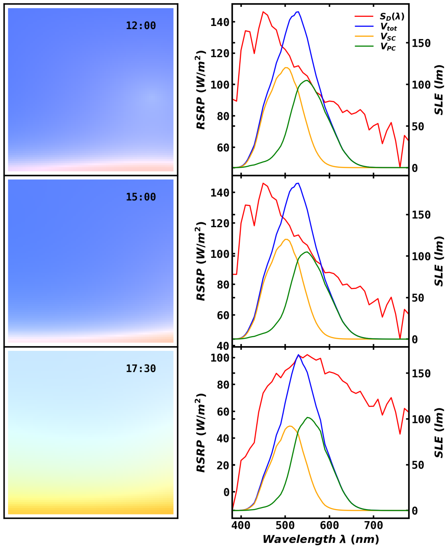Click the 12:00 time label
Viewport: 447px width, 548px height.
coord(140,26)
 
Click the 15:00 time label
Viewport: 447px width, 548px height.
coord(140,197)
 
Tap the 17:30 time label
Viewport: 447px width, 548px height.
coord(140,368)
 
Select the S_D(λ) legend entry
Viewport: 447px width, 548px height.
coord(380,16)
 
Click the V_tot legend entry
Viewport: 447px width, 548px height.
coord(376,27)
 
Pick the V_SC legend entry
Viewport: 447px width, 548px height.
coord(375,37)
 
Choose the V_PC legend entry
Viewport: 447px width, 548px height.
coord(375,46)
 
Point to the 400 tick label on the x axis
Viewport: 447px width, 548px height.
coord(241,525)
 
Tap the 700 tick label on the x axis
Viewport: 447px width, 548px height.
coord(374,525)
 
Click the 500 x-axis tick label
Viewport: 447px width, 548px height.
coord(285,525)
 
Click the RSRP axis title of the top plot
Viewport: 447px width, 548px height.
coord(200,90)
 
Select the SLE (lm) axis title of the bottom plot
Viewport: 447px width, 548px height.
coord(438,433)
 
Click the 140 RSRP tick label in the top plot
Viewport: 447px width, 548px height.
coord(220,22)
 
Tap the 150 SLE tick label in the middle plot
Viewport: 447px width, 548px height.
coord(421,215)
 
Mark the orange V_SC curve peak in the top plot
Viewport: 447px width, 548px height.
coord(286,68)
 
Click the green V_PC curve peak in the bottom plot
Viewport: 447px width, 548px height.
coord(308,417)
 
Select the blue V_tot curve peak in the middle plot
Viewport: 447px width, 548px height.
coord(298,183)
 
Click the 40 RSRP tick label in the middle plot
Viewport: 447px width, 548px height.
coord(223,346)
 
